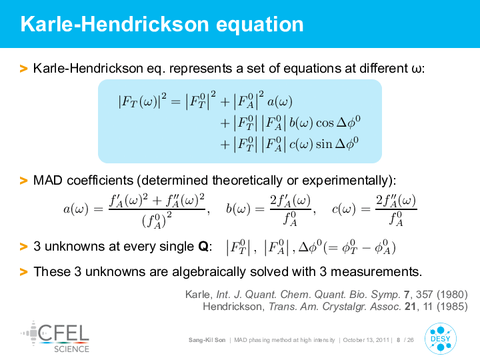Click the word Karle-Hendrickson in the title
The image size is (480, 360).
(x=115, y=24)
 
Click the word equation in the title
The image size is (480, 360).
(x=260, y=25)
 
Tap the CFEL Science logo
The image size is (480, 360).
(x=55, y=337)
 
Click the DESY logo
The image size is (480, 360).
(x=441, y=339)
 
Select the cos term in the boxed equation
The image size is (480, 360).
(x=325, y=123)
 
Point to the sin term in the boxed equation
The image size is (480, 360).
(x=324, y=144)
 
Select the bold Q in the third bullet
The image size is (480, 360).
(x=203, y=247)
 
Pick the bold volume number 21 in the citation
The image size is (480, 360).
(x=410, y=307)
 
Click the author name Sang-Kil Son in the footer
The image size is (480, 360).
(x=207, y=340)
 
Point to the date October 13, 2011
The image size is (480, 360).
(x=366, y=340)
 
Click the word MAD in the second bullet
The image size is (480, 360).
(x=48, y=180)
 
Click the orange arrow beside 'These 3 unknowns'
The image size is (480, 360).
(x=23, y=272)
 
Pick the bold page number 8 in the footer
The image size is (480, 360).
(x=398, y=340)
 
